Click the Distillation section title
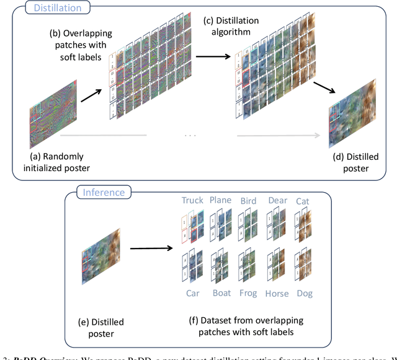[x=58, y=8]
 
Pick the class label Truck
[x=193, y=200]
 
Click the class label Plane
[x=221, y=200]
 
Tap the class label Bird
[x=248, y=200]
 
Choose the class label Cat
[x=303, y=200]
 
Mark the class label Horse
[x=277, y=293]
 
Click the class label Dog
[x=303, y=293]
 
